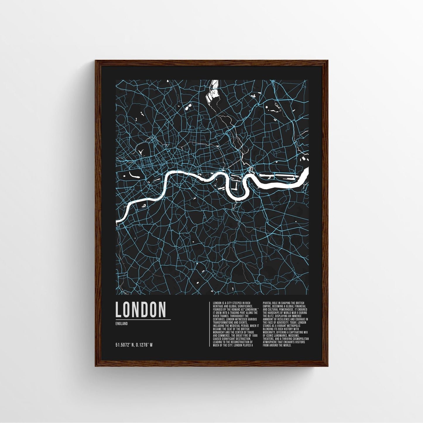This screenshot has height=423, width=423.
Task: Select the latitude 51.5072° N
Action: pyautogui.click(x=126, y=345)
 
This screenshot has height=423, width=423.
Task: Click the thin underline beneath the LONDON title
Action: pyautogui.click(x=143, y=319)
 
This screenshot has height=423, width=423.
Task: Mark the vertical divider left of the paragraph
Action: pyautogui.click(x=210, y=324)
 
